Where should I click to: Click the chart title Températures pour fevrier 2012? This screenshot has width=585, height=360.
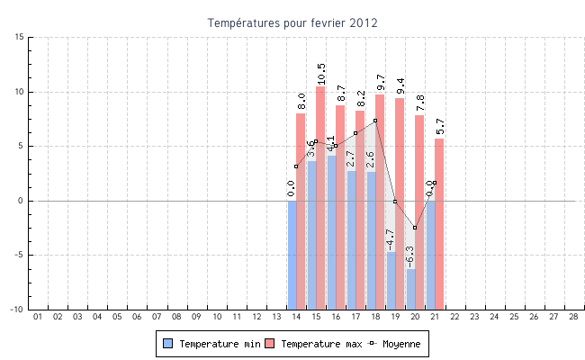tap(292, 22)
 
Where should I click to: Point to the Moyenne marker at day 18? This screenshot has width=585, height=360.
tap(375, 121)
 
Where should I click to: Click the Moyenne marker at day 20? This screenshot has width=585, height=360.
tap(415, 228)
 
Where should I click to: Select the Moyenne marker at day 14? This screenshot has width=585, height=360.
tap(296, 166)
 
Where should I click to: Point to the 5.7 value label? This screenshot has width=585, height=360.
tap(440, 126)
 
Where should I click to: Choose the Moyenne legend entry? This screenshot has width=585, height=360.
tap(396, 344)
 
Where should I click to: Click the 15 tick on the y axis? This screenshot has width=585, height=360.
tap(19, 37)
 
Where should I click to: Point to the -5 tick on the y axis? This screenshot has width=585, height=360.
tap(17, 255)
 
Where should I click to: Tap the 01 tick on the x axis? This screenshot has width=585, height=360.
tap(38, 317)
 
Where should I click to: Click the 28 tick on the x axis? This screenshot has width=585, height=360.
tap(573, 317)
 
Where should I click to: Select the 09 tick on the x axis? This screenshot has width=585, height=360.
tap(196, 317)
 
